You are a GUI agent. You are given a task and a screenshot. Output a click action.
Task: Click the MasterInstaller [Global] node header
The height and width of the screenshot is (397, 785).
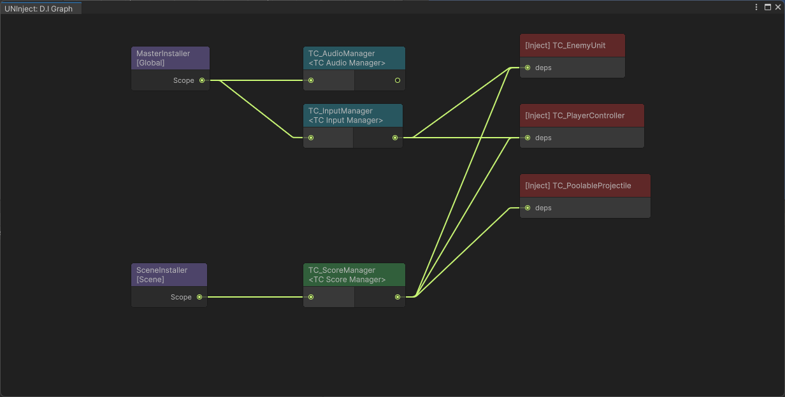pos(170,58)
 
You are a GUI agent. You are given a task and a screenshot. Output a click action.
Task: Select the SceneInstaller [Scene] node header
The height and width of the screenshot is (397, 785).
pos(169,275)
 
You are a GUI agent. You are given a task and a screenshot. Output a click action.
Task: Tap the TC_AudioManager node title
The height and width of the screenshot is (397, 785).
pos(354,58)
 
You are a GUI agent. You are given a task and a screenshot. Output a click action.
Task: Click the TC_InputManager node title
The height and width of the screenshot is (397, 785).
pos(352,115)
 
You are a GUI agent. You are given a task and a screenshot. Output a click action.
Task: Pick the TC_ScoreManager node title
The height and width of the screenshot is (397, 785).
pos(354,275)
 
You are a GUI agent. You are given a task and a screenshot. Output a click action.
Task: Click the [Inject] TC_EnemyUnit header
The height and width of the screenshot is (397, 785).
pos(572,46)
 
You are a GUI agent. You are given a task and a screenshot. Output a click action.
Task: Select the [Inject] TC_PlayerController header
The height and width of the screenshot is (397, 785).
pos(582,116)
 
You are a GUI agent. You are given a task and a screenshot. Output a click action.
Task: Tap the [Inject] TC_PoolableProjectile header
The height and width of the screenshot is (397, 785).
pos(585,186)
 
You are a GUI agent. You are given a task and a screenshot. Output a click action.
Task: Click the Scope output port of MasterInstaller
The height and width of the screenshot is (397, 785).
pos(202,80)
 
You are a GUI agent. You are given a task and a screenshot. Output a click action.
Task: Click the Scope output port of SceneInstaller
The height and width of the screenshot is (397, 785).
pos(199,297)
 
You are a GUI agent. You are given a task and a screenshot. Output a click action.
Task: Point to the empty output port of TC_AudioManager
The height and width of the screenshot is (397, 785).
pos(398,80)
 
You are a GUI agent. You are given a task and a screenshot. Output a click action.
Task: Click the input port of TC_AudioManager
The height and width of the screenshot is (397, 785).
pos(311,80)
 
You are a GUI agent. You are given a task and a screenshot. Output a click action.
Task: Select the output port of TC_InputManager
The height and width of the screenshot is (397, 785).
pos(395,138)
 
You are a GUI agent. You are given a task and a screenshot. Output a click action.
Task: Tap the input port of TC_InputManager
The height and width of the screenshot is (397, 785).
pos(311,138)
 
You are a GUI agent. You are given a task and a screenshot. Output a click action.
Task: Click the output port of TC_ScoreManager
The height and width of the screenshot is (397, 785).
pos(398,297)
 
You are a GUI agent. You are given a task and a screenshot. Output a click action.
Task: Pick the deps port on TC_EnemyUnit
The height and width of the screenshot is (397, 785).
pos(528,68)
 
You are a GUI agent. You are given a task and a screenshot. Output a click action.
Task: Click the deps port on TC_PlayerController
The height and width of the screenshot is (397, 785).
pos(528,138)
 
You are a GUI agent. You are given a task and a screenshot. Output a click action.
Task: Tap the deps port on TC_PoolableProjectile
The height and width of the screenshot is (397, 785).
pos(528,208)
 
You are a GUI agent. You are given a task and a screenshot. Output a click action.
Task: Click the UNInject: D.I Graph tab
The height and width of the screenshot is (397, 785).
pos(40,9)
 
